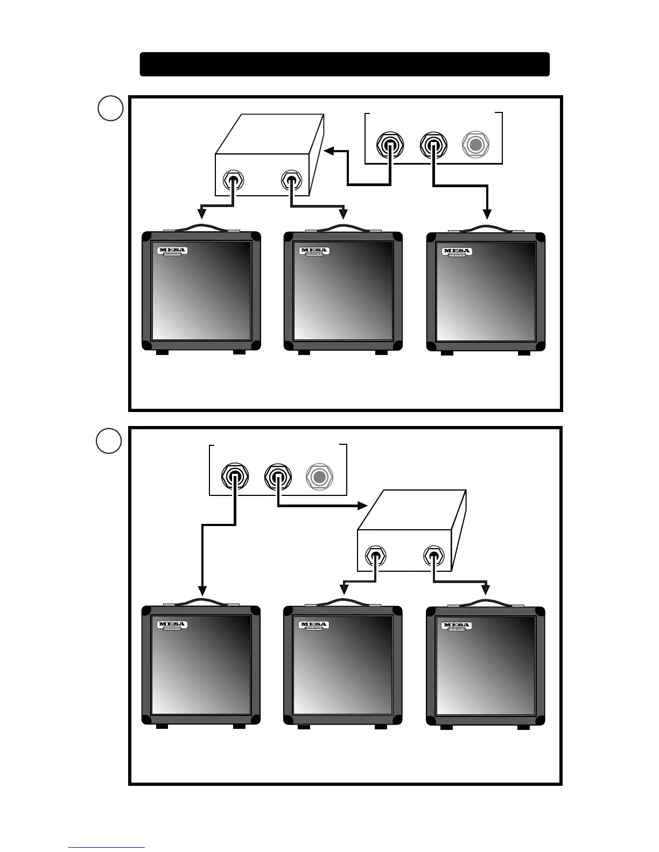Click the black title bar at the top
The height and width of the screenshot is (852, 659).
pos(345,64)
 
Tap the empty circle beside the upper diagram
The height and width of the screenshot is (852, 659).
pos(110,109)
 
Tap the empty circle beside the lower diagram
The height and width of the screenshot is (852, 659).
pos(109,441)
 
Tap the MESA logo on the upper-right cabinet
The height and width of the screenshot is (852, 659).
pos(457,251)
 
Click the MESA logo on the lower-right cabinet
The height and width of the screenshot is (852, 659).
pos(457,626)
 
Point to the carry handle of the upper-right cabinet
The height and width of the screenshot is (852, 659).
pos(486,228)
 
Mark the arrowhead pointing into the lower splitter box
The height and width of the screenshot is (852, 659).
pos(362,506)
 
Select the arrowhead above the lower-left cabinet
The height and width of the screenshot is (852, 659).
pos(202,590)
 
